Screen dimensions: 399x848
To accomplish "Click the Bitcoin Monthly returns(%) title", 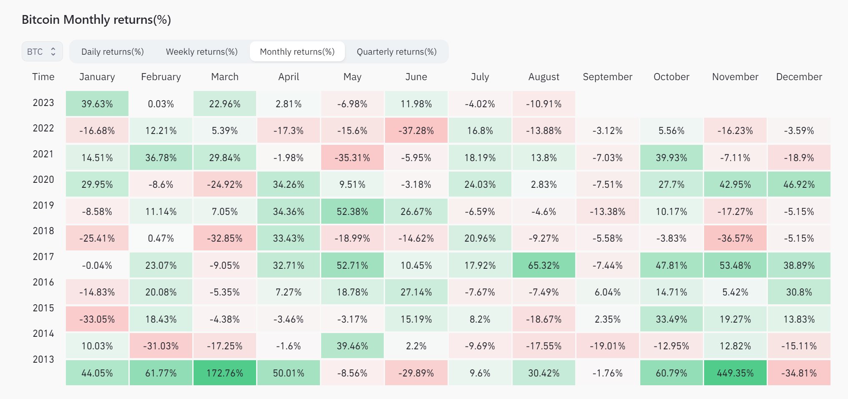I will (x=96, y=20).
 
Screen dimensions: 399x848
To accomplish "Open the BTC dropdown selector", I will (x=42, y=51).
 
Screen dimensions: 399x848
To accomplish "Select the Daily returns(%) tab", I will (x=112, y=52).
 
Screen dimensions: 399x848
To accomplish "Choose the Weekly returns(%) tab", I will (x=201, y=52).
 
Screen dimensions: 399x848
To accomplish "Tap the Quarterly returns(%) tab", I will (x=396, y=52).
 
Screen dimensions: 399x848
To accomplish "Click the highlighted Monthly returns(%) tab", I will (x=297, y=52).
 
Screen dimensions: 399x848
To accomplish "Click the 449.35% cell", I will (x=735, y=373).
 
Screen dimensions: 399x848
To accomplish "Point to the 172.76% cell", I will (x=224, y=373).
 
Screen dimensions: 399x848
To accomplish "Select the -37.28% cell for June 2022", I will (x=416, y=131).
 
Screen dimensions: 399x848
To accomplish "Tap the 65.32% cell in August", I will (x=544, y=265).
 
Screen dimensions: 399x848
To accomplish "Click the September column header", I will (x=607, y=77).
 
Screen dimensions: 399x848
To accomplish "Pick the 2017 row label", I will (x=43, y=257).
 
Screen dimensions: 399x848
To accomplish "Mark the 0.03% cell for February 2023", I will (x=161, y=104).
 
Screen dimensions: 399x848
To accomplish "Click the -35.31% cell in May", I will (x=352, y=158).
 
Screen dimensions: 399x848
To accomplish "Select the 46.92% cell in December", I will (x=799, y=184).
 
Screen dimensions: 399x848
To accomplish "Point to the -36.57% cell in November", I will (x=735, y=238).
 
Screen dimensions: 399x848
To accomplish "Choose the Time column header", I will (x=43, y=77).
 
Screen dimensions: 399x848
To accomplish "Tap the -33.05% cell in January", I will (x=97, y=319).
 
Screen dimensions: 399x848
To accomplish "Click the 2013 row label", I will (x=43, y=359).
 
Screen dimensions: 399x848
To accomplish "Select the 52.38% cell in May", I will (x=352, y=211).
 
